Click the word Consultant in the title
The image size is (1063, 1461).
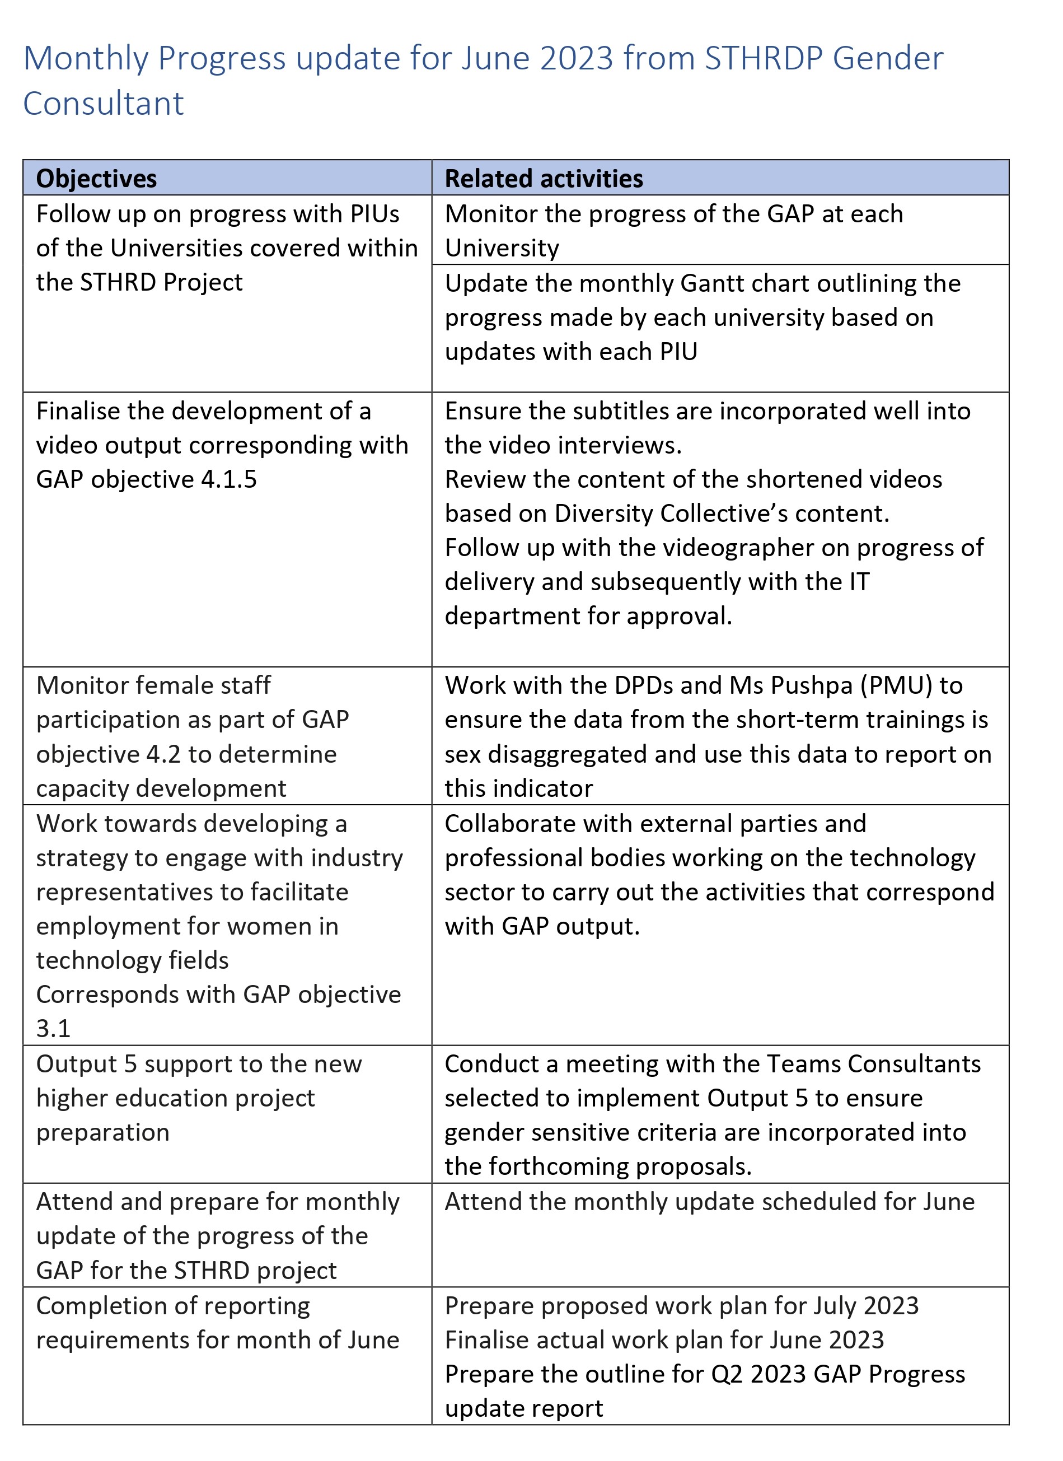(104, 104)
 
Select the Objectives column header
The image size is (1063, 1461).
(97, 179)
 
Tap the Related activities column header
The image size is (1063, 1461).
(544, 179)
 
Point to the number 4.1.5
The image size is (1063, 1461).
(228, 479)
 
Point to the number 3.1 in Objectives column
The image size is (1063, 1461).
(53, 1029)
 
